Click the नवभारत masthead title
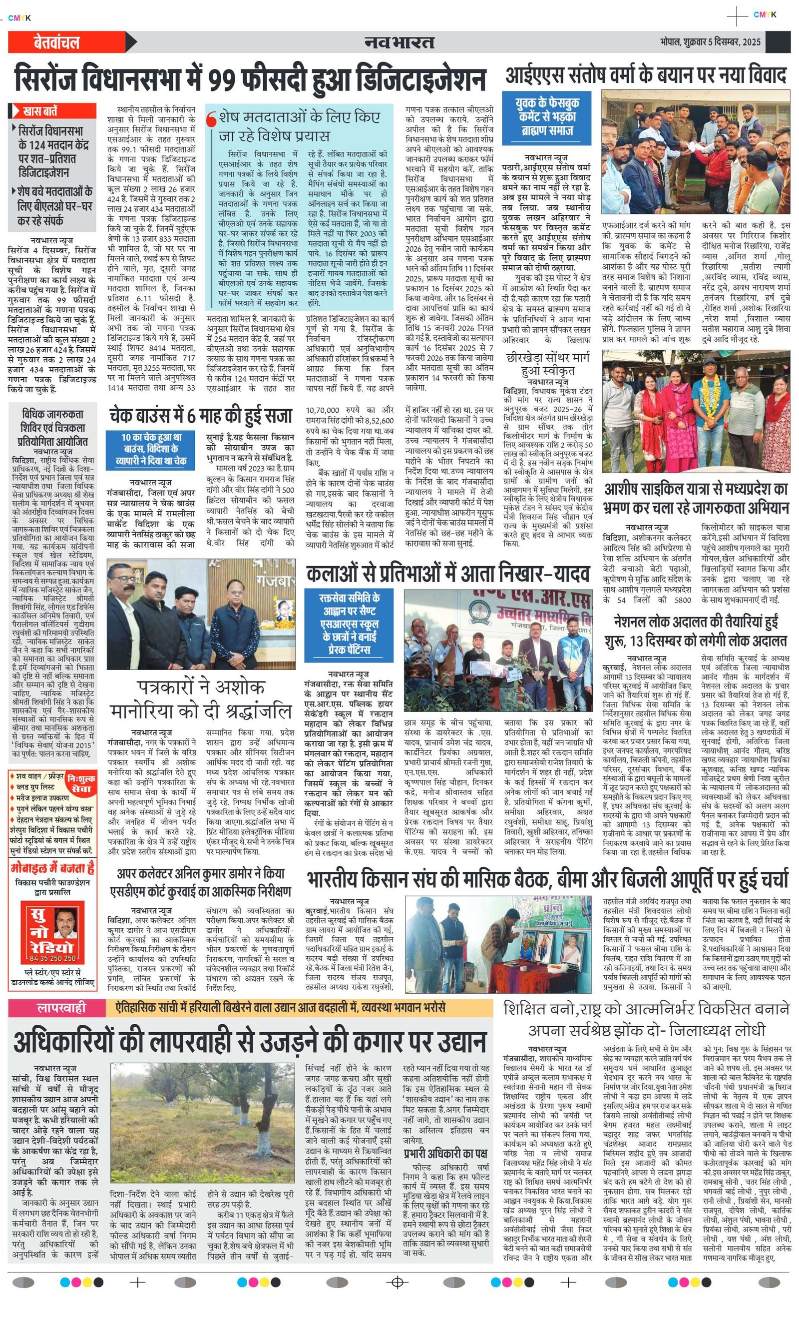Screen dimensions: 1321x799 [x=399, y=42]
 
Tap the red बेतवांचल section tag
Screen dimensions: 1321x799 [x=56, y=42]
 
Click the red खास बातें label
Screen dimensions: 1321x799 [x=52, y=111]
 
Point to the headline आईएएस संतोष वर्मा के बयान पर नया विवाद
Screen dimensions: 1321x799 [x=645, y=75]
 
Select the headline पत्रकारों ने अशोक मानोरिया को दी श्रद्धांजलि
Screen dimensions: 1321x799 [x=200, y=699]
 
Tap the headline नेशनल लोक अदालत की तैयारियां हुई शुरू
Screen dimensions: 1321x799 [x=696, y=631]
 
